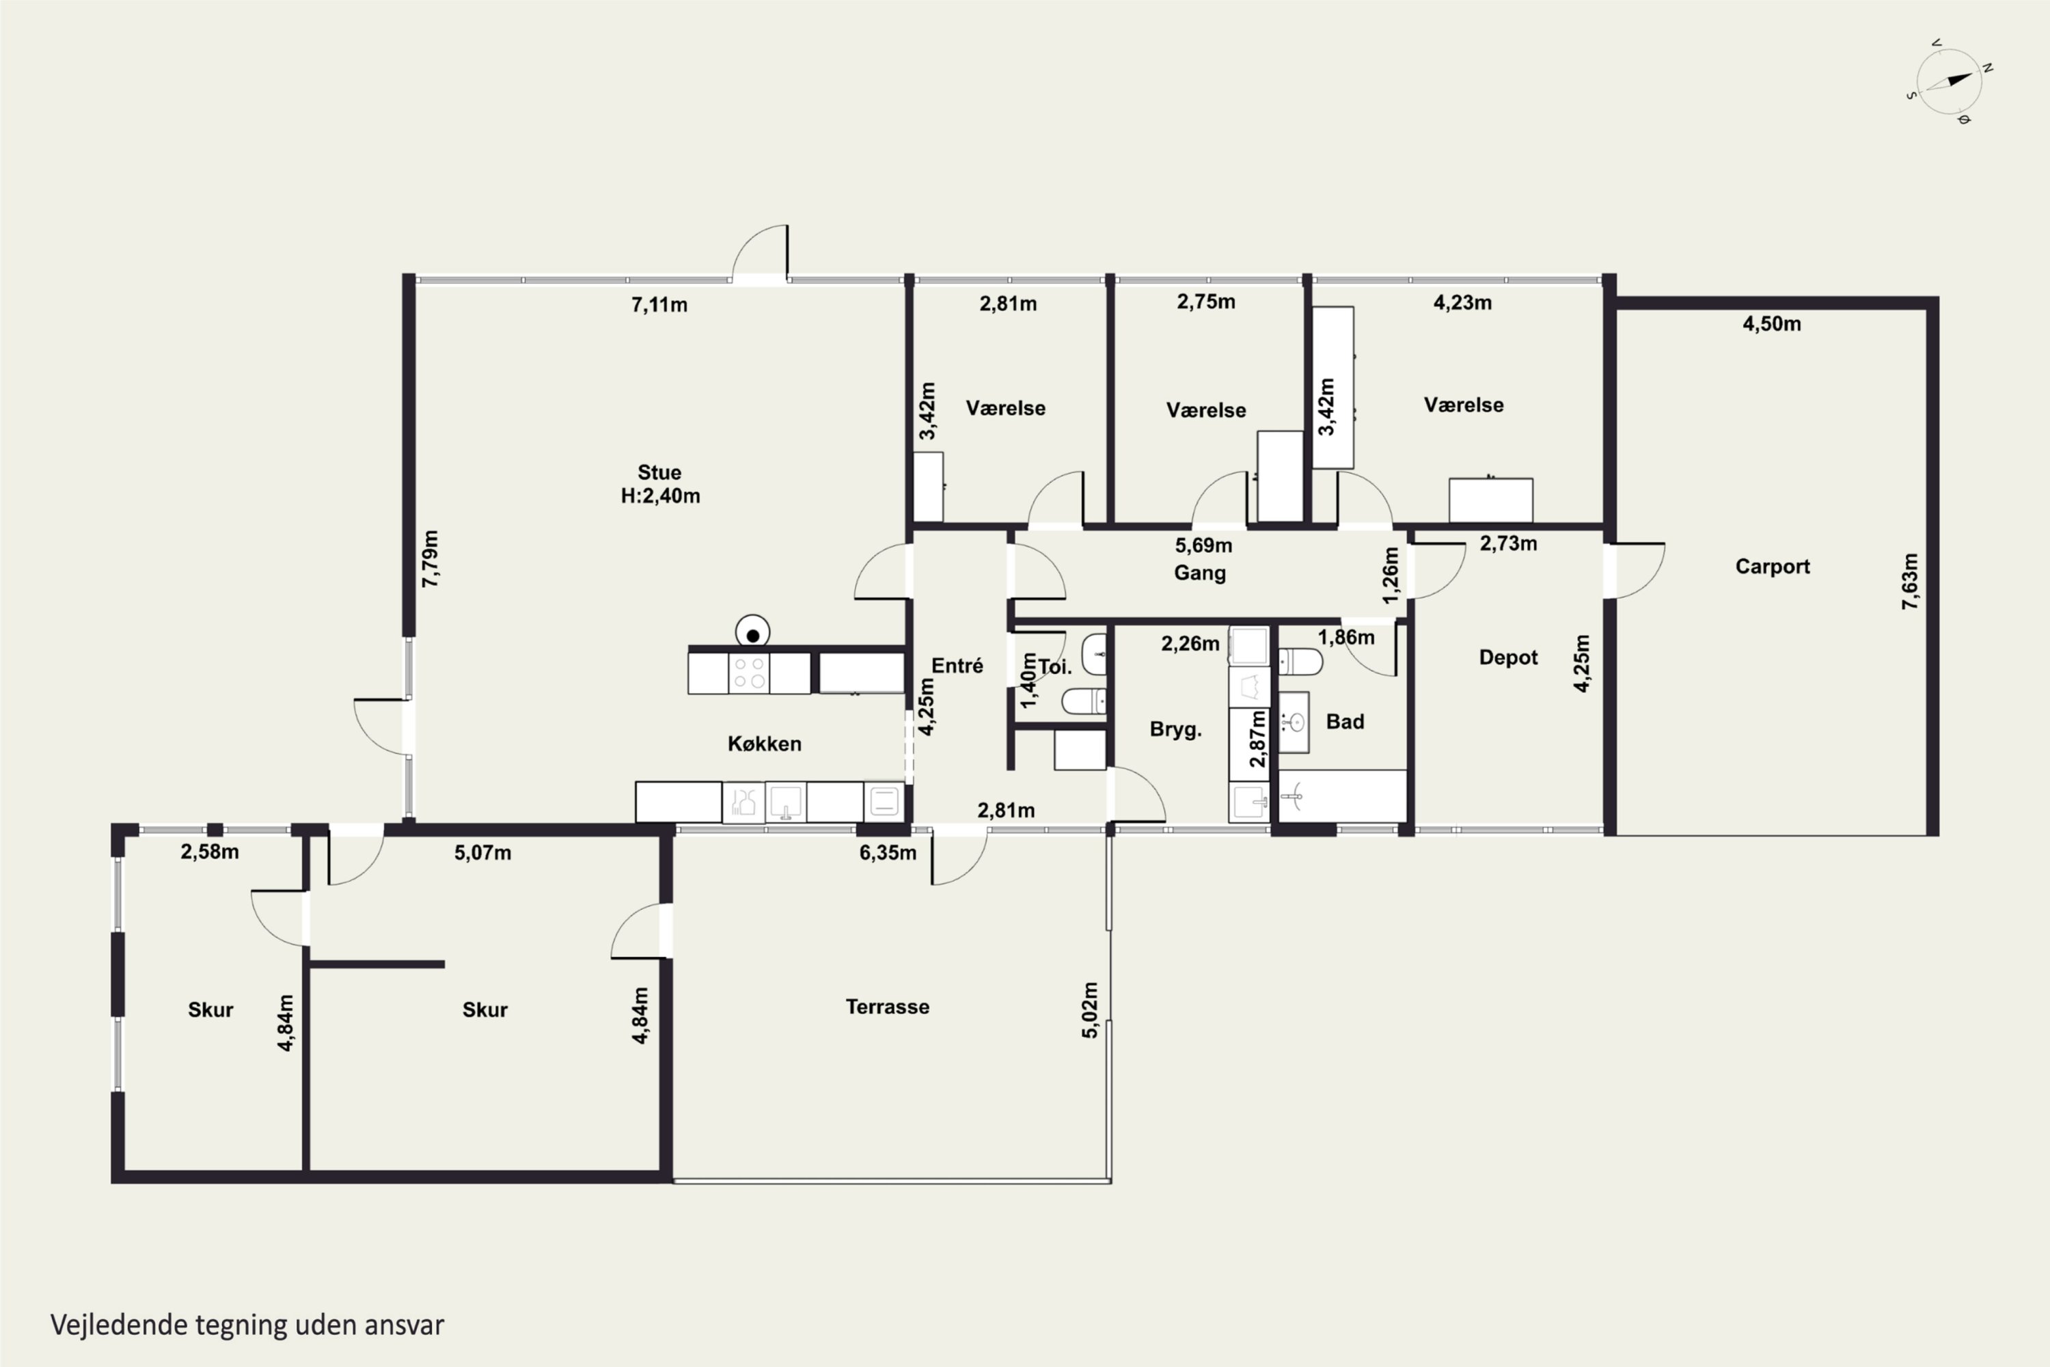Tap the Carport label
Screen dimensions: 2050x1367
[1772, 567]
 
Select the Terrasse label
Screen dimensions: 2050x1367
[887, 1007]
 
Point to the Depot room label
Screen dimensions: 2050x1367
[1508, 658]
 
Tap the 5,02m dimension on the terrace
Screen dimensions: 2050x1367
[1089, 1010]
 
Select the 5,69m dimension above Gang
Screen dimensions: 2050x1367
[1203, 545]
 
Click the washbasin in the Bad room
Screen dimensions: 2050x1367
[1294, 722]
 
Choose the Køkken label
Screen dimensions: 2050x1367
[765, 744]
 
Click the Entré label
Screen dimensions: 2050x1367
[957, 666]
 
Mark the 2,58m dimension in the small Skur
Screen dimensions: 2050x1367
[209, 852]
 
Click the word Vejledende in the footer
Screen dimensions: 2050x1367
[120, 1325]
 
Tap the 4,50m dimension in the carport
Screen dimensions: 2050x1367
[1771, 324]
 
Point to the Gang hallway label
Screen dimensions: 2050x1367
[1199, 573]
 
